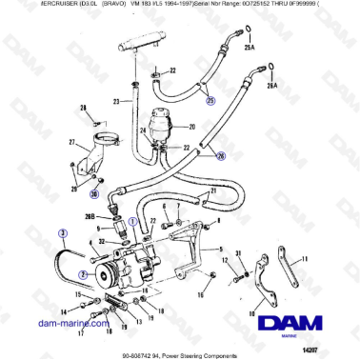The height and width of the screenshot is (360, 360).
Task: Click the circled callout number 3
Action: tap(62, 231)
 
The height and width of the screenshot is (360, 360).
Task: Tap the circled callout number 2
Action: tap(83, 273)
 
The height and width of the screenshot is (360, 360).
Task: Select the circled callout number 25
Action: tap(210, 99)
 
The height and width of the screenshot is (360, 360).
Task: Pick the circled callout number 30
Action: tap(94, 194)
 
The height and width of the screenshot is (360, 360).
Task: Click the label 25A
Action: tap(250, 47)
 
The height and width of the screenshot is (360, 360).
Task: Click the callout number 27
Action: tap(71, 143)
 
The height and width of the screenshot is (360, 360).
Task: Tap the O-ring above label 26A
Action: tap(271, 67)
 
